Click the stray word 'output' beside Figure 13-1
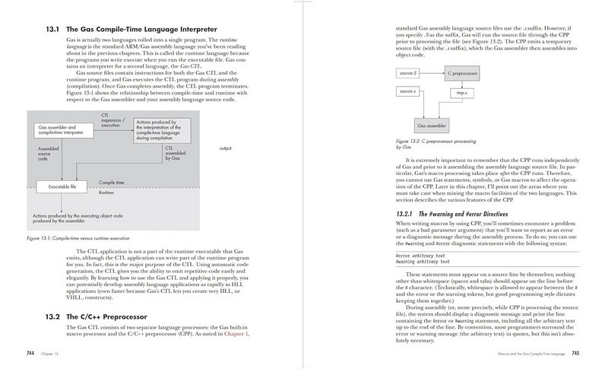(x=224, y=148)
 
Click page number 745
(x=575, y=354)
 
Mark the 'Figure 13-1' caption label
(x=40, y=238)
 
